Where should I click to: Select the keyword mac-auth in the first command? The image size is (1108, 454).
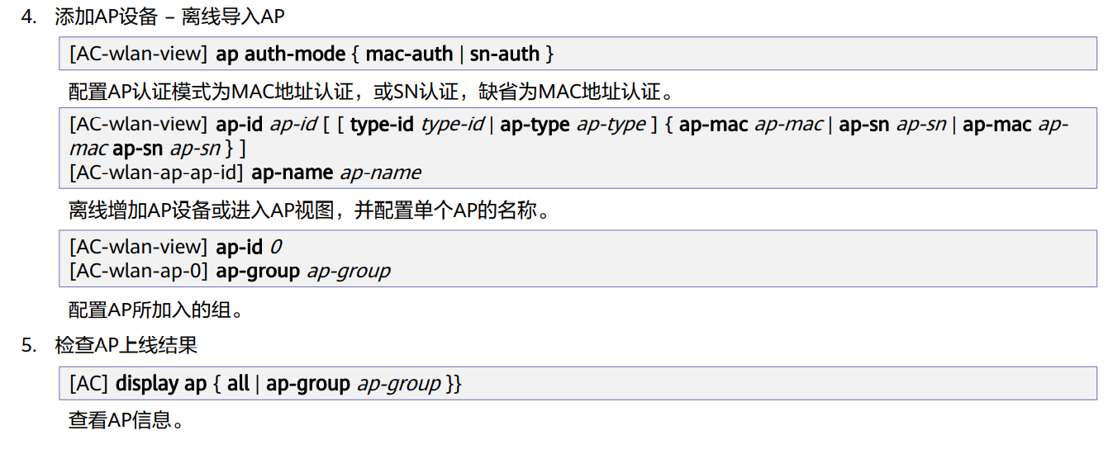pos(409,54)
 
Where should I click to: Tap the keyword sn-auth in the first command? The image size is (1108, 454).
pos(504,54)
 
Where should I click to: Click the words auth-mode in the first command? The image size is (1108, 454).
pos(294,54)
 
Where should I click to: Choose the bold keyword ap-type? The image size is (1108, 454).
pos(535,125)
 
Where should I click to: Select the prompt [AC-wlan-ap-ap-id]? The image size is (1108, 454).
pos(157,173)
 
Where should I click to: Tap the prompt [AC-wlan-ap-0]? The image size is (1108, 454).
pos(140,270)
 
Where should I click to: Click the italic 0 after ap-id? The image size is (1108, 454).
pos(277,247)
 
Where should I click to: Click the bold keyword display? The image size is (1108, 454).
pos(146,384)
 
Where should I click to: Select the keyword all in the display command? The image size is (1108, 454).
pos(238,384)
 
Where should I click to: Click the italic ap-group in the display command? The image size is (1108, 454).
pos(399,384)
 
